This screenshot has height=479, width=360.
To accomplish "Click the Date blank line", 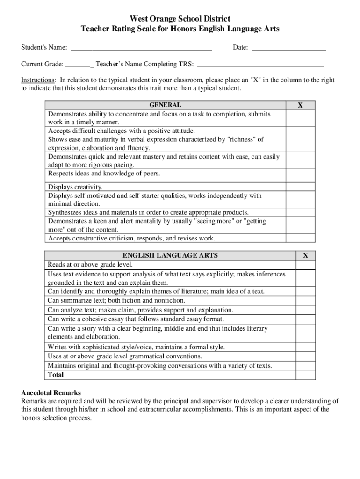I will [x=288, y=47].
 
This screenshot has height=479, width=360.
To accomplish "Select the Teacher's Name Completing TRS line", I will [x=260, y=64].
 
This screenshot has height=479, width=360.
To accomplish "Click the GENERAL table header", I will [x=165, y=105].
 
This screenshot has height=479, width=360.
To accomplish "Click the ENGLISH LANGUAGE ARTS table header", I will [x=170, y=255].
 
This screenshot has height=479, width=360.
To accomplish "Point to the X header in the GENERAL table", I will [x=300, y=105].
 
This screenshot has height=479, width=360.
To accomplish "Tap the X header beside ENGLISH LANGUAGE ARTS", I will [x=305, y=255].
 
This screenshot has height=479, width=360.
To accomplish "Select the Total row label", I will [x=56, y=375].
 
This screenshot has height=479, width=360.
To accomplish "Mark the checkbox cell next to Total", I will [x=305, y=375].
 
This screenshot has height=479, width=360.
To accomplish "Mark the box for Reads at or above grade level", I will [x=305, y=265].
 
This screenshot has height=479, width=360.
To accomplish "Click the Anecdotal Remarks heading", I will [x=51, y=393].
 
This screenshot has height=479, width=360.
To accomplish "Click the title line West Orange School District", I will [x=180, y=19].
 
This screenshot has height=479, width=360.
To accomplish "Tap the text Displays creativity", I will [x=75, y=187].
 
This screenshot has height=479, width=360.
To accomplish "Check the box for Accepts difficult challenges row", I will [x=300, y=131].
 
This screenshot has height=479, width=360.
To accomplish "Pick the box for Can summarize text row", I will [x=305, y=300].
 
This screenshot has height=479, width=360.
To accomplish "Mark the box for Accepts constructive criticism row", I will [x=300, y=238].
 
